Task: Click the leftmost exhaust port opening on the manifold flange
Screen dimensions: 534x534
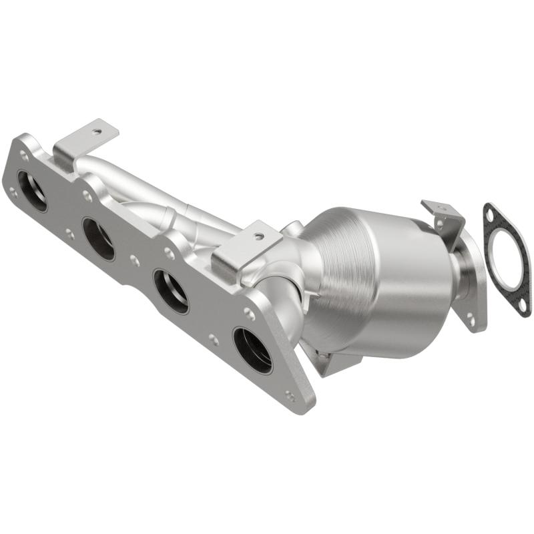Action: click(32, 191)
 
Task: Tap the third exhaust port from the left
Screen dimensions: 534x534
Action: click(171, 290)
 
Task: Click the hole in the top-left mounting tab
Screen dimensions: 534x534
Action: click(97, 132)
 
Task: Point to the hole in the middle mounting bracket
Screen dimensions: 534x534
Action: click(260, 236)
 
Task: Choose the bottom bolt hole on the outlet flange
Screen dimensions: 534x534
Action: click(471, 321)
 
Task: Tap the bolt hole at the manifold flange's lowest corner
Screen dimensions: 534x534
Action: click(290, 395)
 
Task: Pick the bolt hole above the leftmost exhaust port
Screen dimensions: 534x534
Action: click(25, 156)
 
